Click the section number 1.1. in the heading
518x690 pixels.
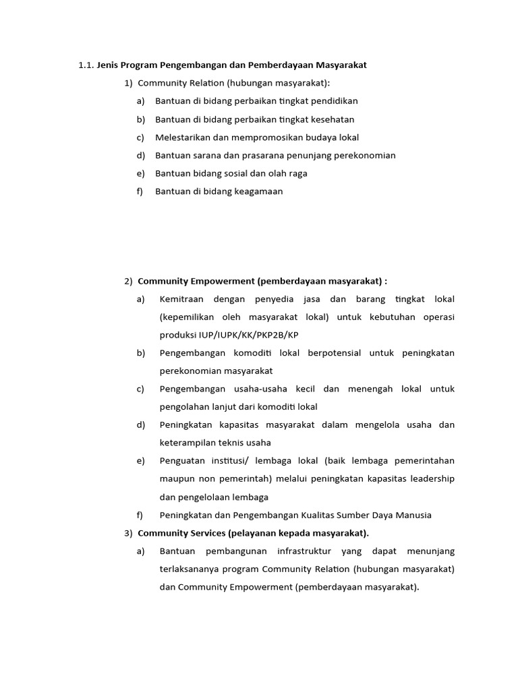86,65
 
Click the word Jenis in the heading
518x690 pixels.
109,65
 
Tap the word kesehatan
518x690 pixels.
330,119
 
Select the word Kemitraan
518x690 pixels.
181,299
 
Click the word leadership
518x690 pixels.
430,478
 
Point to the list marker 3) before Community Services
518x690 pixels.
128,533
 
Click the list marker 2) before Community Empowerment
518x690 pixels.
128,281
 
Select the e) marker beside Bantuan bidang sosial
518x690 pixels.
140,173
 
